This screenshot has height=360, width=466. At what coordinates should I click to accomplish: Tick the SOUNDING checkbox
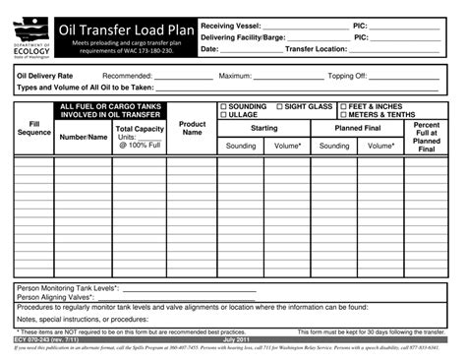(223, 106)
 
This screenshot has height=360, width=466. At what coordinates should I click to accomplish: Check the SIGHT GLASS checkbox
(279, 106)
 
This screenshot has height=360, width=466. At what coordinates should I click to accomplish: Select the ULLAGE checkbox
(223, 115)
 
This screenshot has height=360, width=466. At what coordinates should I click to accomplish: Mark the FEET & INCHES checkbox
(343, 106)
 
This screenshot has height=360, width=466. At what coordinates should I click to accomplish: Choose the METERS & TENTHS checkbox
(343, 115)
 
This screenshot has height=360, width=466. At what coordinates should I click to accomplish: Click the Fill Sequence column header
(33, 128)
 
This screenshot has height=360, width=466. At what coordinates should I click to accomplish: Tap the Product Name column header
(192, 128)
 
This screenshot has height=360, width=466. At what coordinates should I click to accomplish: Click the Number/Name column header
(83, 137)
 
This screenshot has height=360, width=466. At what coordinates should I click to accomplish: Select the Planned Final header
(358, 128)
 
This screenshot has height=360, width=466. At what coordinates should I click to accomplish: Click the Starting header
(263, 128)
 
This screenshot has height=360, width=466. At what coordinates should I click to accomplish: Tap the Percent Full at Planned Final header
(427, 137)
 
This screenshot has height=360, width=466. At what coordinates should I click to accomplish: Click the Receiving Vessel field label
(231, 25)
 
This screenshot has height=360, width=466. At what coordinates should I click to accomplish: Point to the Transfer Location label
(316, 48)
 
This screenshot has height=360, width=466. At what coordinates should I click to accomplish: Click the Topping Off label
(347, 76)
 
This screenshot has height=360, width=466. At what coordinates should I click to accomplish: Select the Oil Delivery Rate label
(44, 76)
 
